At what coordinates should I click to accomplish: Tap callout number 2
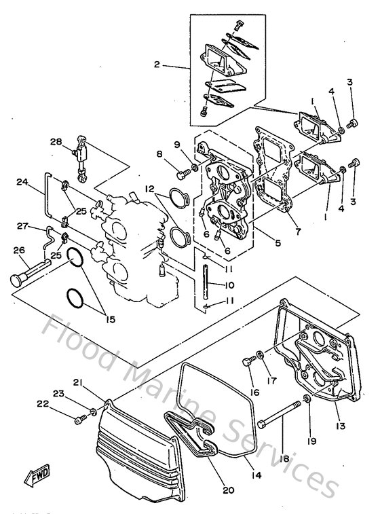157,66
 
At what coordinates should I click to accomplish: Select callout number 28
56,142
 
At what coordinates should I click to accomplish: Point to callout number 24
22,183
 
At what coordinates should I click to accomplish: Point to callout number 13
340,426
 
